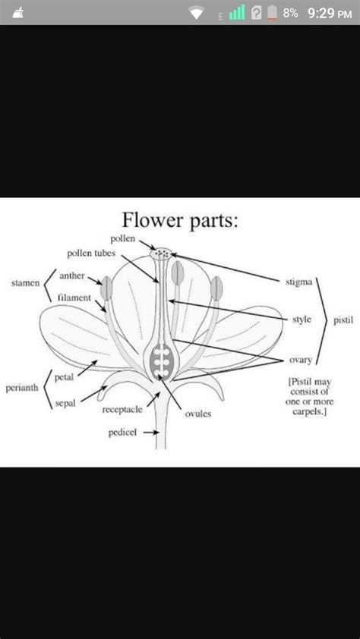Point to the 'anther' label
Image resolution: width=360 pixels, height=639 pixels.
point(72,276)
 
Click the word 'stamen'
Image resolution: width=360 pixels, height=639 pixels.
point(25,283)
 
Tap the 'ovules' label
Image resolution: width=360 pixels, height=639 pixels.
point(197,414)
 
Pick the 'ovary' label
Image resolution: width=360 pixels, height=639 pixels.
point(301,359)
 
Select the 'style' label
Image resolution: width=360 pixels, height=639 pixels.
point(302,319)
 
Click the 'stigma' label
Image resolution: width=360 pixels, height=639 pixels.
point(298,282)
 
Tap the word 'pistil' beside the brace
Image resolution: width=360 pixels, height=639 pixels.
point(343,320)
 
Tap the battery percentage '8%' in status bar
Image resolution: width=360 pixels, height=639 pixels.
point(291,12)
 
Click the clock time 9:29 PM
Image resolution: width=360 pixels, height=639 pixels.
point(330,12)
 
